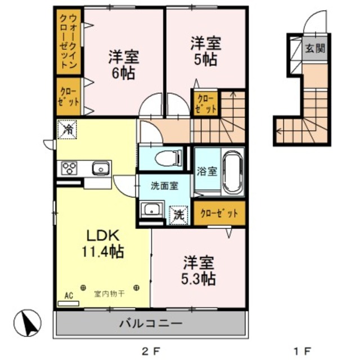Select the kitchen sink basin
[x=101, y=168]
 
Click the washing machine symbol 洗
[x=178, y=214]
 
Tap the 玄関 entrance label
[x=315, y=48]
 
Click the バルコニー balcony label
[x=150, y=324]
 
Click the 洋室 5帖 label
[x=205, y=51]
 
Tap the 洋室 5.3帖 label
[x=199, y=270]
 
